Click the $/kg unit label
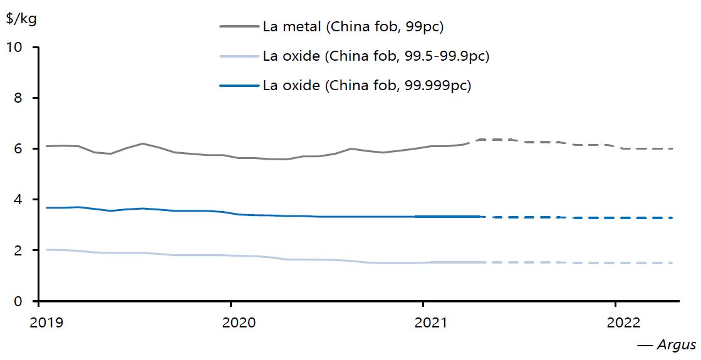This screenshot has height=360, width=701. (x=21, y=18)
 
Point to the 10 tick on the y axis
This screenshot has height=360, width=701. (x=19, y=48)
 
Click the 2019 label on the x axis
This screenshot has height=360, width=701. (x=47, y=322)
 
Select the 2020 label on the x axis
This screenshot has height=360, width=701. (x=239, y=322)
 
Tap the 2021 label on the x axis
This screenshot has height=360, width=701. (x=431, y=322)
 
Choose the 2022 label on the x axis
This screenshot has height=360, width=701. (x=623, y=322)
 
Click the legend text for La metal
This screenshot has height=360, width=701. (x=353, y=26)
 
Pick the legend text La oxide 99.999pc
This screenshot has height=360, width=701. (x=366, y=86)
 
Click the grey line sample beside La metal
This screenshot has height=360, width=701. (x=239, y=26)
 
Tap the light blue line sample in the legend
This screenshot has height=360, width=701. (x=239, y=56)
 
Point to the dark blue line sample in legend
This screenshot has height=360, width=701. (x=239, y=86)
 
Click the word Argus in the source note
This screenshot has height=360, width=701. (x=676, y=345)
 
